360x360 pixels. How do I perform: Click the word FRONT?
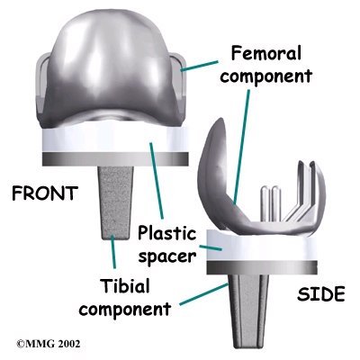pos(45,193)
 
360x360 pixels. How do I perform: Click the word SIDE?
pos(320,293)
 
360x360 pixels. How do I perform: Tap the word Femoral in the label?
pos(266,54)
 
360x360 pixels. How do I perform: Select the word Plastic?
pos(166,232)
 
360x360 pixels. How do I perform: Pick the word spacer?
pos(167,256)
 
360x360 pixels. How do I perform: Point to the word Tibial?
pos(124,285)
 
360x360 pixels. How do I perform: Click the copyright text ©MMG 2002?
pos(49,343)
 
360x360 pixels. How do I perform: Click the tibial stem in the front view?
pos(115,202)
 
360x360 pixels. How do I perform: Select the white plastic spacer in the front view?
pos(115,139)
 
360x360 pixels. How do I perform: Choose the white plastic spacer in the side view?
pos(262,246)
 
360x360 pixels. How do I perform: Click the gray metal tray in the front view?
pos(115,159)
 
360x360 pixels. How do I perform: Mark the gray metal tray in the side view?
pos(262,267)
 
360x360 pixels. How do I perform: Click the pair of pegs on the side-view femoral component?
pos(271,202)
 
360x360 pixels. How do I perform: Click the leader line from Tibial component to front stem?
pos(112,252)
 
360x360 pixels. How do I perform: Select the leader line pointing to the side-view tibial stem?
pos(203,294)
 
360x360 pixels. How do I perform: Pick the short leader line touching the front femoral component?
pos(199,67)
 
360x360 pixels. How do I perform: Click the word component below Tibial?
pos(125,309)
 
